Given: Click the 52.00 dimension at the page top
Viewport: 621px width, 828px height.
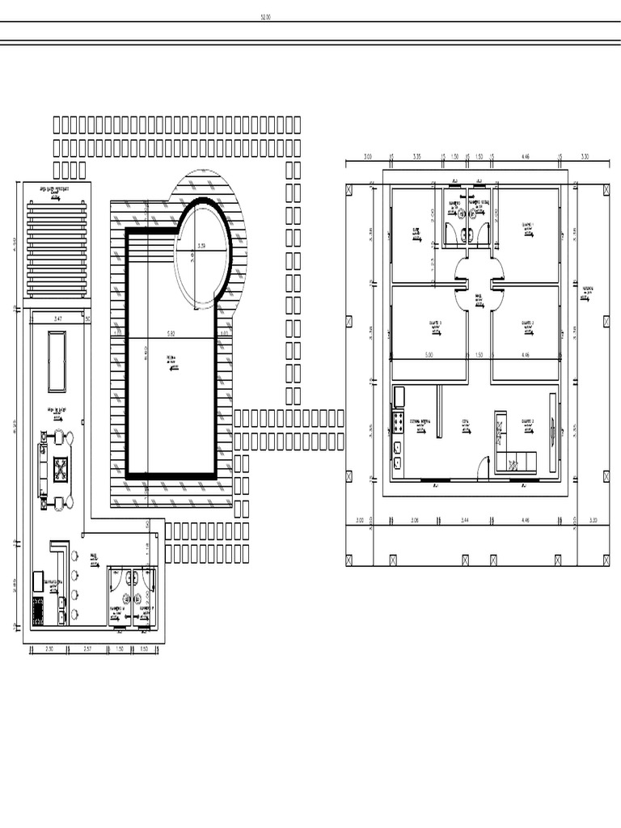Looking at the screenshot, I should (265, 15).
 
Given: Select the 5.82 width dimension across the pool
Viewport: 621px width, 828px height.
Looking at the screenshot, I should (171, 332).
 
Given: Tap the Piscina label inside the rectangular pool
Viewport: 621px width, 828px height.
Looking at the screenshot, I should (171, 357).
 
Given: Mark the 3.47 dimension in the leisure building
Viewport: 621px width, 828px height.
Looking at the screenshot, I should (58, 320).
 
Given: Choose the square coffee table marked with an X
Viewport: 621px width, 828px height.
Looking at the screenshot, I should (61, 470).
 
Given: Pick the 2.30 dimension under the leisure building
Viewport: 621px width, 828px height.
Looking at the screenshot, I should (49, 649).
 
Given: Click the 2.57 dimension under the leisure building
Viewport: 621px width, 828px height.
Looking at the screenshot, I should (90, 649).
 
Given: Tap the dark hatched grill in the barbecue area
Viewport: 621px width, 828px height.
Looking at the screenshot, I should (37, 611).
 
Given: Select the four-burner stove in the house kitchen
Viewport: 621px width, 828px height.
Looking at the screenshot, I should (398, 422).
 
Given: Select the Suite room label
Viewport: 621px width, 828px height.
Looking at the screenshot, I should (416, 232).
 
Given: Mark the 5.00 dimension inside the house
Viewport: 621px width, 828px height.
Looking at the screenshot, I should (429, 355).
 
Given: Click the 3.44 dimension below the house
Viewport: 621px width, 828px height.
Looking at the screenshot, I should (465, 521).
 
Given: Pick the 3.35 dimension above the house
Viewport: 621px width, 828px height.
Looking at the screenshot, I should (417, 157).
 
